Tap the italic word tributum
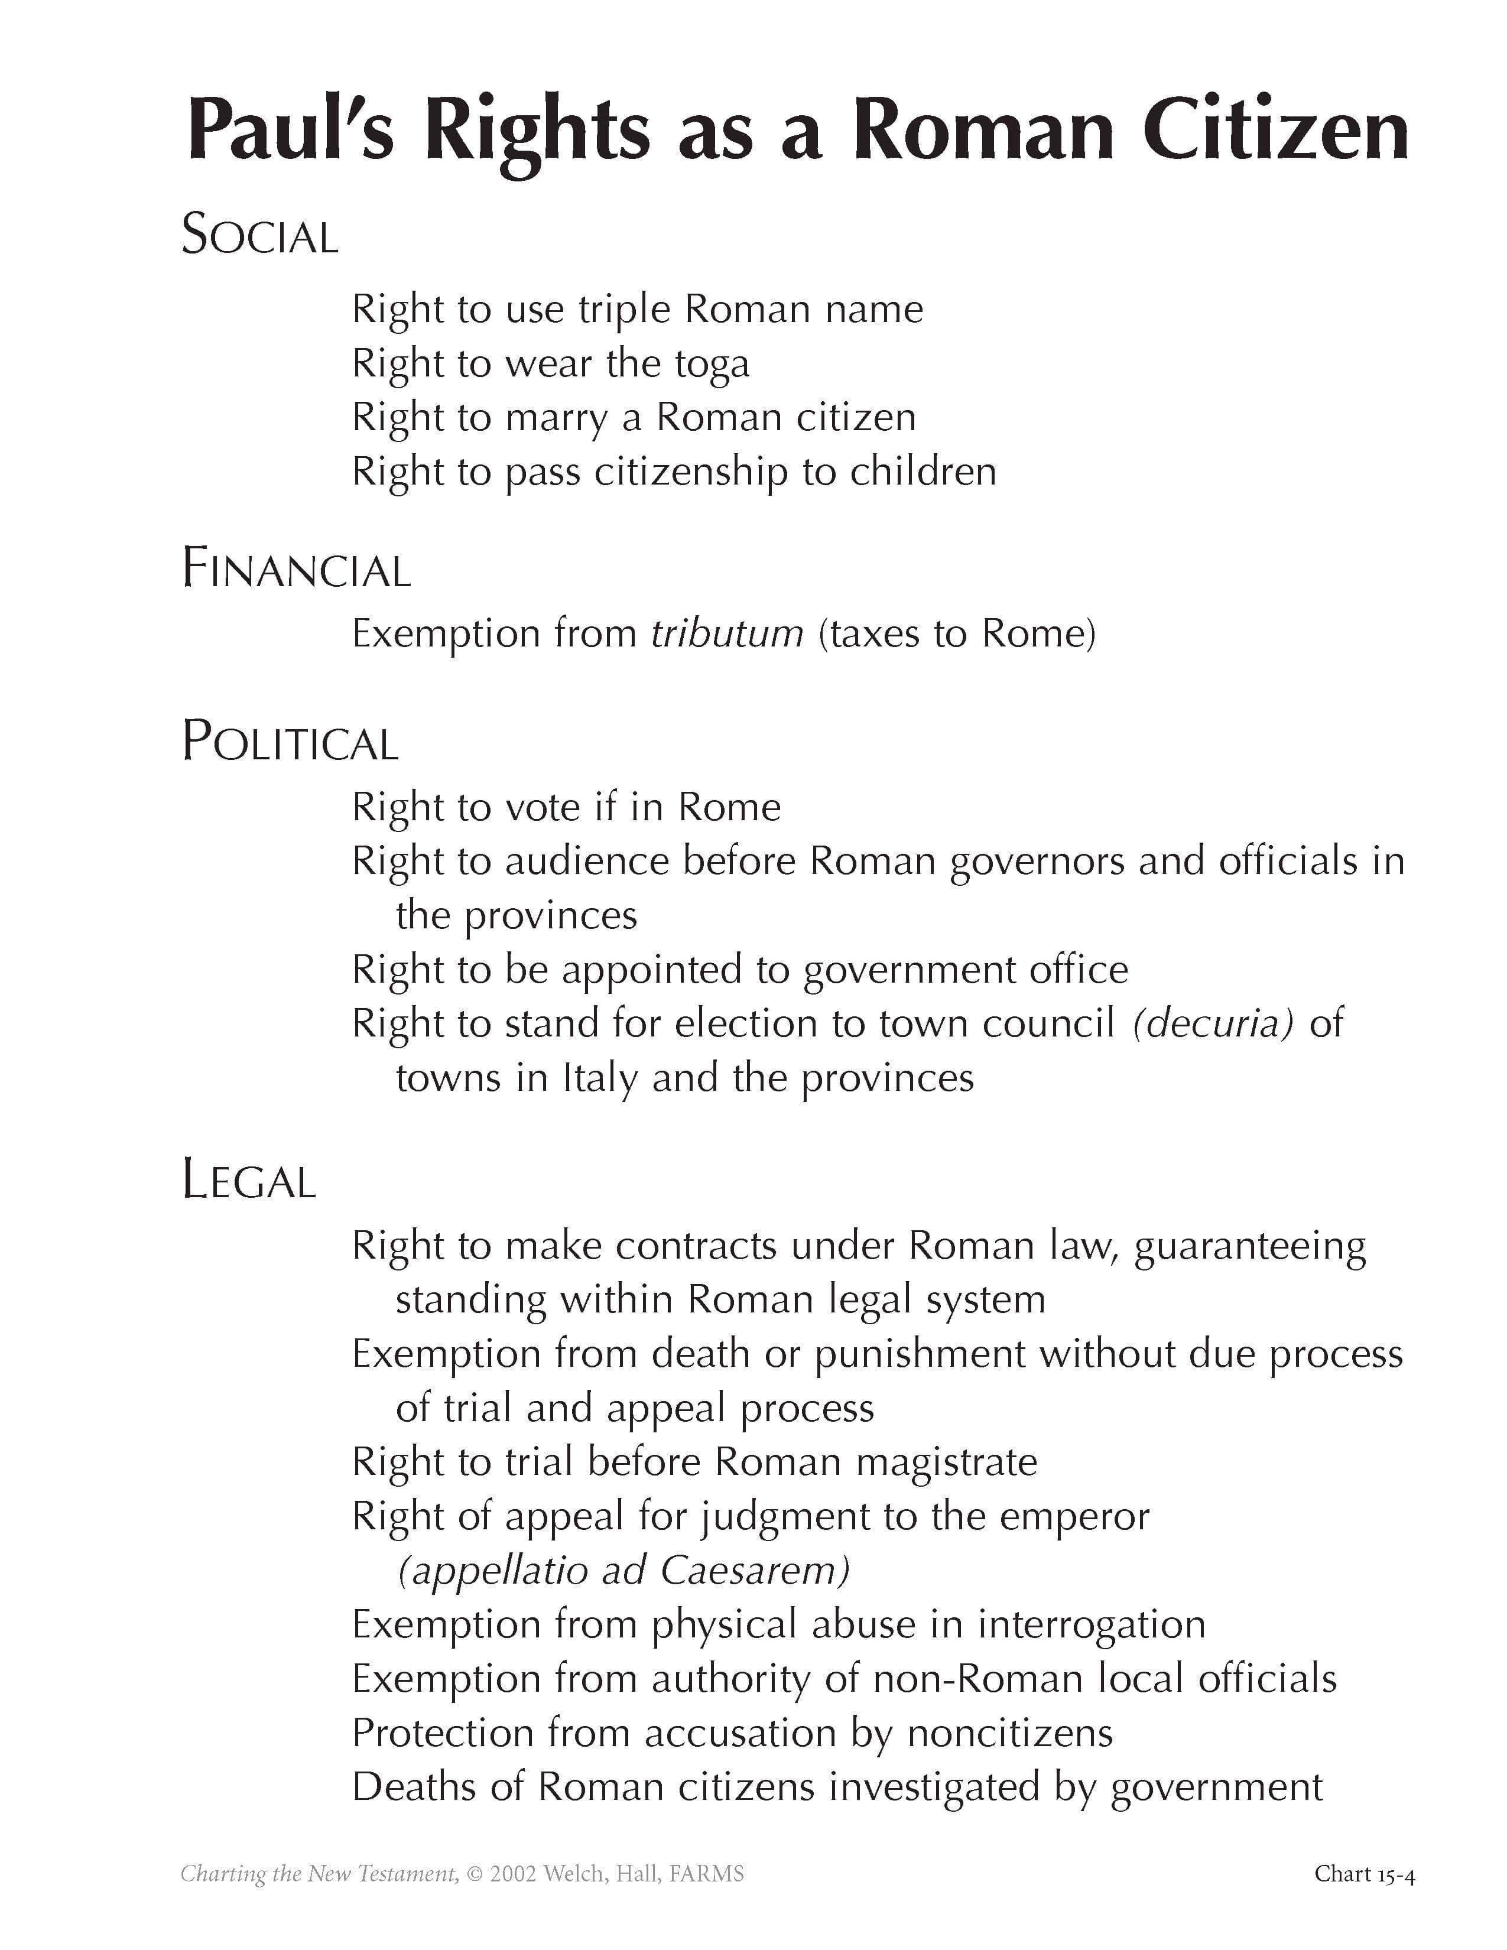tap(727, 634)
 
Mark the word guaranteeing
tap(1250, 1246)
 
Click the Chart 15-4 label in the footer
tap(1364, 1873)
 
